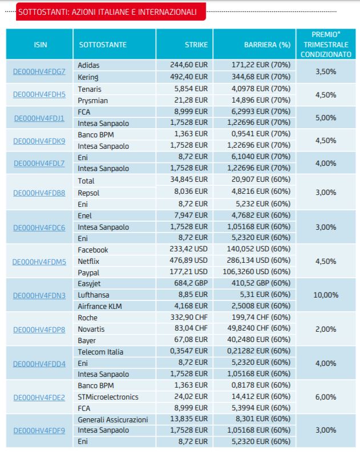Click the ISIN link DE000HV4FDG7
pyautogui.click(x=39, y=71)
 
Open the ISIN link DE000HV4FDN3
pyautogui.click(x=39, y=295)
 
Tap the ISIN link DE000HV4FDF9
pyautogui.click(x=39, y=431)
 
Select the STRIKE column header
pyautogui.click(x=196, y=44)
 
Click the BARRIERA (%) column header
pyautogui.click(x=267, y=44)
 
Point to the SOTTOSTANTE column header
pyautogui.click(x=103, y=44)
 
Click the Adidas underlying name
pyautogui.click(x=88, y=65)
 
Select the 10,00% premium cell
pyautogui.click(x=326, y=295)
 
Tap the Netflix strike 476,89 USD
pyautogui.click(x=188, y=260)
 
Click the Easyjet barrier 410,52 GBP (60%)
pyautogui.click(x=261, y=283)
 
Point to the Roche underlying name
pyautogui.click(x=87, y=317)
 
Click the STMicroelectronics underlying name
pyautogui.click(x=108, y=397)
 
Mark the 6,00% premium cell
pyautogui.click(x=326, y=397)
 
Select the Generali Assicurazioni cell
pyautogui.click(x=113, y=420)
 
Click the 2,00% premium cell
pyautogui.click(x=326, y=329)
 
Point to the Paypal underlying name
pyautogui.click(x=88, y=272)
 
